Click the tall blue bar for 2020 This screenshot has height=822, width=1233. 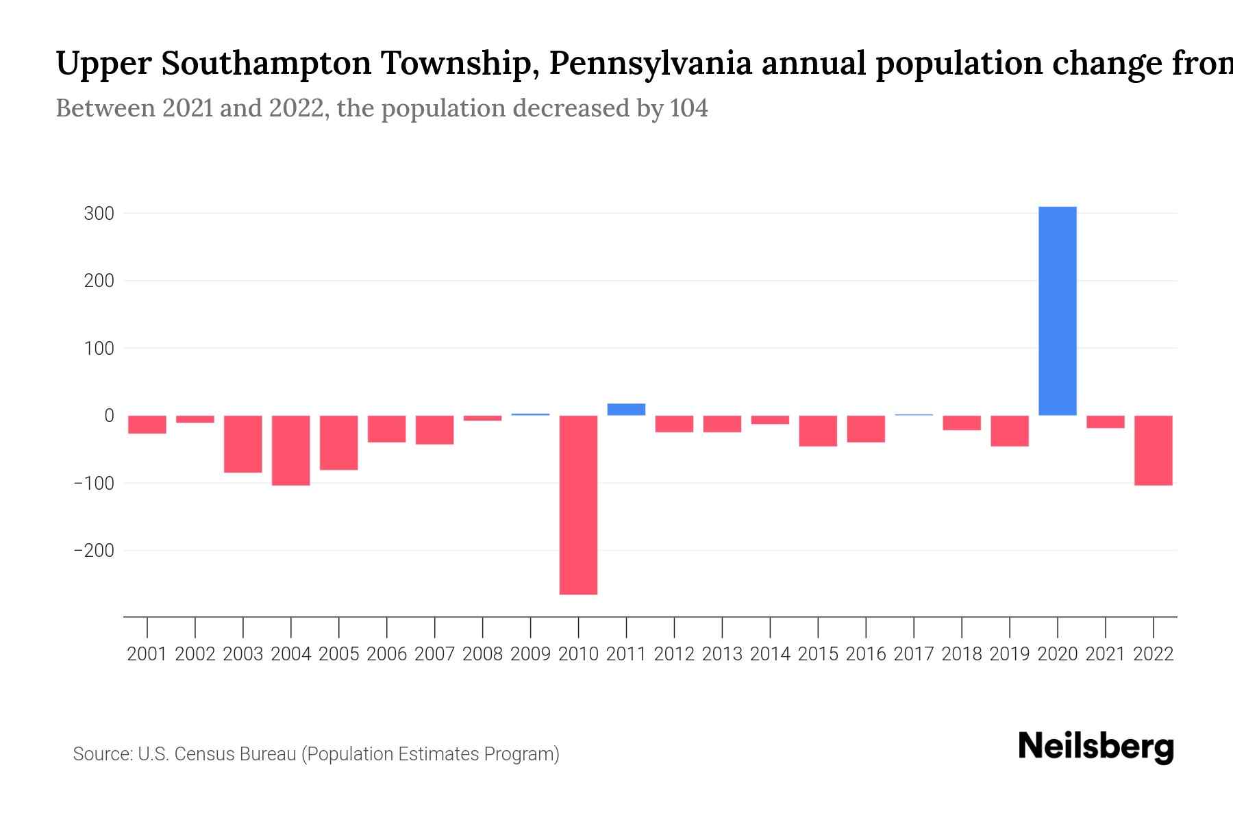pyautogui.click(x=1057, y=311)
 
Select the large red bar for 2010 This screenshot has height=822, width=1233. pyautogui.click(x=578, y=505)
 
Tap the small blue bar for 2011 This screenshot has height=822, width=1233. pyautogui.click(x=626, y=410)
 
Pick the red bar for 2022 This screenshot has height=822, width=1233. pyautogui.click(x=1153, y=450)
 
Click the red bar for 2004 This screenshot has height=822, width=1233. pyautogui.click(x=291, y=450)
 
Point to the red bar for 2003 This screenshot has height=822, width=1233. pyautogui.click(x=243, y=444)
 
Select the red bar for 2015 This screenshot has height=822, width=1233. pyautogui.click(x=818, y=431)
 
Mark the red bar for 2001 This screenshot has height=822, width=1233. pyautogui.click(x=147, y=425)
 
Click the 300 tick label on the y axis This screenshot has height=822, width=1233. pyautogui.click(x=99, y=214)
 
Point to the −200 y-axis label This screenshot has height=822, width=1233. pyautogui.click(x=94, y=551)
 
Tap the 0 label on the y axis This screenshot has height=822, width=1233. pyautogui.click(x=109, y=416)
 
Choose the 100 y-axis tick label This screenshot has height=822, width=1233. pyautogui.click(x=99, y=349)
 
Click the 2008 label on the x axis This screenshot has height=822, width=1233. pyautogui.click(x=482, y=654)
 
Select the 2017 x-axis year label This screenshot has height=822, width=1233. pyautogui.click(x=914, y=654)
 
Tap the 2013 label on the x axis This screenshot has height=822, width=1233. pyautogui.click(x=722, y=654)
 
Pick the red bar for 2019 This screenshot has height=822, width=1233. pyautogui.click(x=1009, y=431)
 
